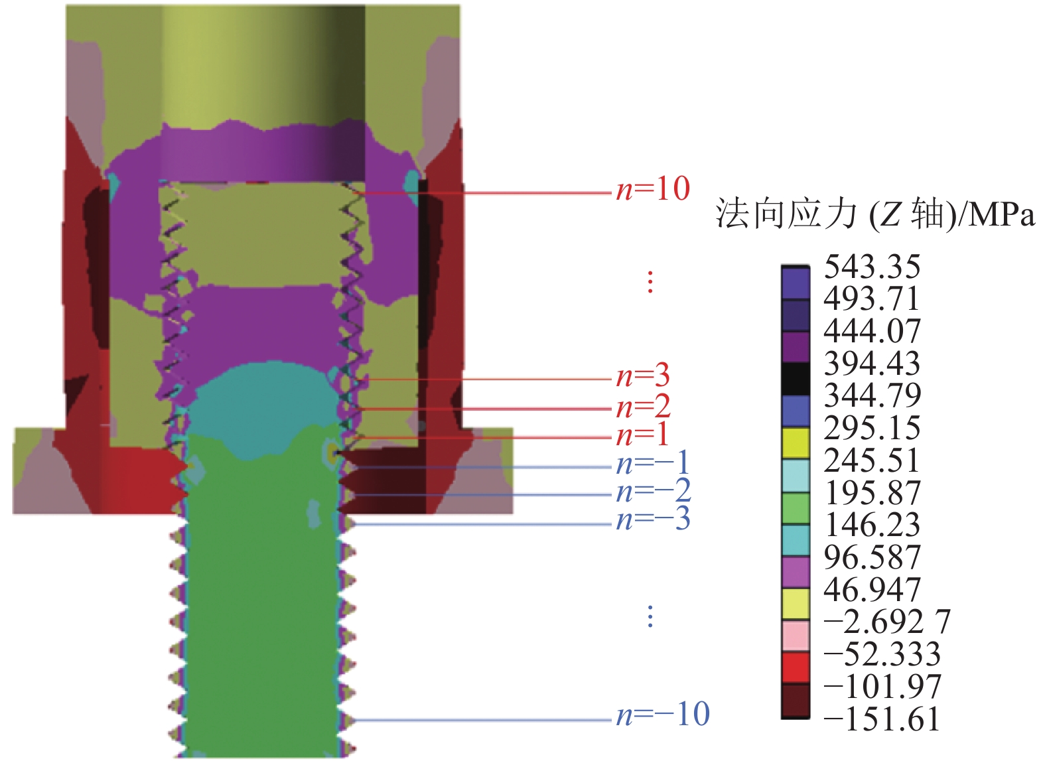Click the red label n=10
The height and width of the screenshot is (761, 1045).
tap(653, 190)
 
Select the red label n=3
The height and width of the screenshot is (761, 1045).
tap(643, 376)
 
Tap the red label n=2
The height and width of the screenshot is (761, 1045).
tap(643, 406)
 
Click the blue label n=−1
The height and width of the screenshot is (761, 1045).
tap(652, 462)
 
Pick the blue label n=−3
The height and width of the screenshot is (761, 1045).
tap(653, 519)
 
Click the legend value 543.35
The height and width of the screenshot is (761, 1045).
tap(872, 267)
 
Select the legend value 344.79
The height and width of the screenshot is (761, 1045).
tap(872, 395)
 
